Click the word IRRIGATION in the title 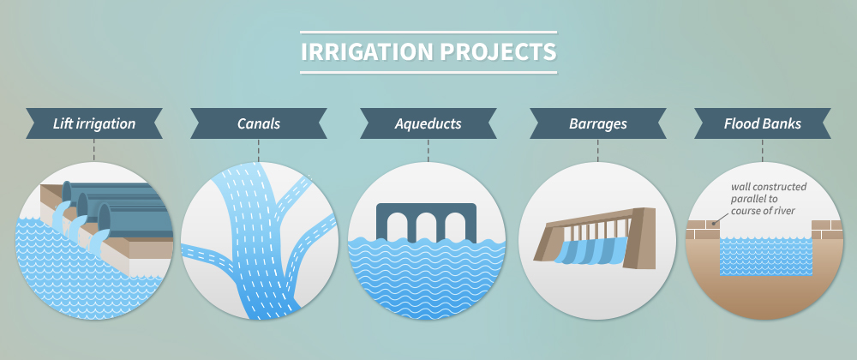click(x=367, y=52)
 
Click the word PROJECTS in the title click(x=498, y=52)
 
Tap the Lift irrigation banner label click(x=94, y=123)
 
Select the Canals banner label click(x=259, y=123)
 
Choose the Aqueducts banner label click(x=428, y=123)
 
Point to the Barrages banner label click(x=597, y=123)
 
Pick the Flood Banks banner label click(x=763, y=123)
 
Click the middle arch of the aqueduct click(x=426, y=226)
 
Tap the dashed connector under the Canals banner click(x=259, y=150)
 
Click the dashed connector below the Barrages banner click(x=597, y=150)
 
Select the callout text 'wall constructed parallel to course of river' click(x=768, y=199)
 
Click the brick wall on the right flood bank click(x=826, y=230)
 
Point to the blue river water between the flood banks click(x=765, y=255)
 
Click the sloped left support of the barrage click(x=548, y=243)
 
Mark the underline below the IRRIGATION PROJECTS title click(x=428, y=72)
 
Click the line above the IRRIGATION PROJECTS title click(x=428, y=33)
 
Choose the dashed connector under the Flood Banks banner click(x=763, y=150)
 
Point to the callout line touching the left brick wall click(x=721, y=219)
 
